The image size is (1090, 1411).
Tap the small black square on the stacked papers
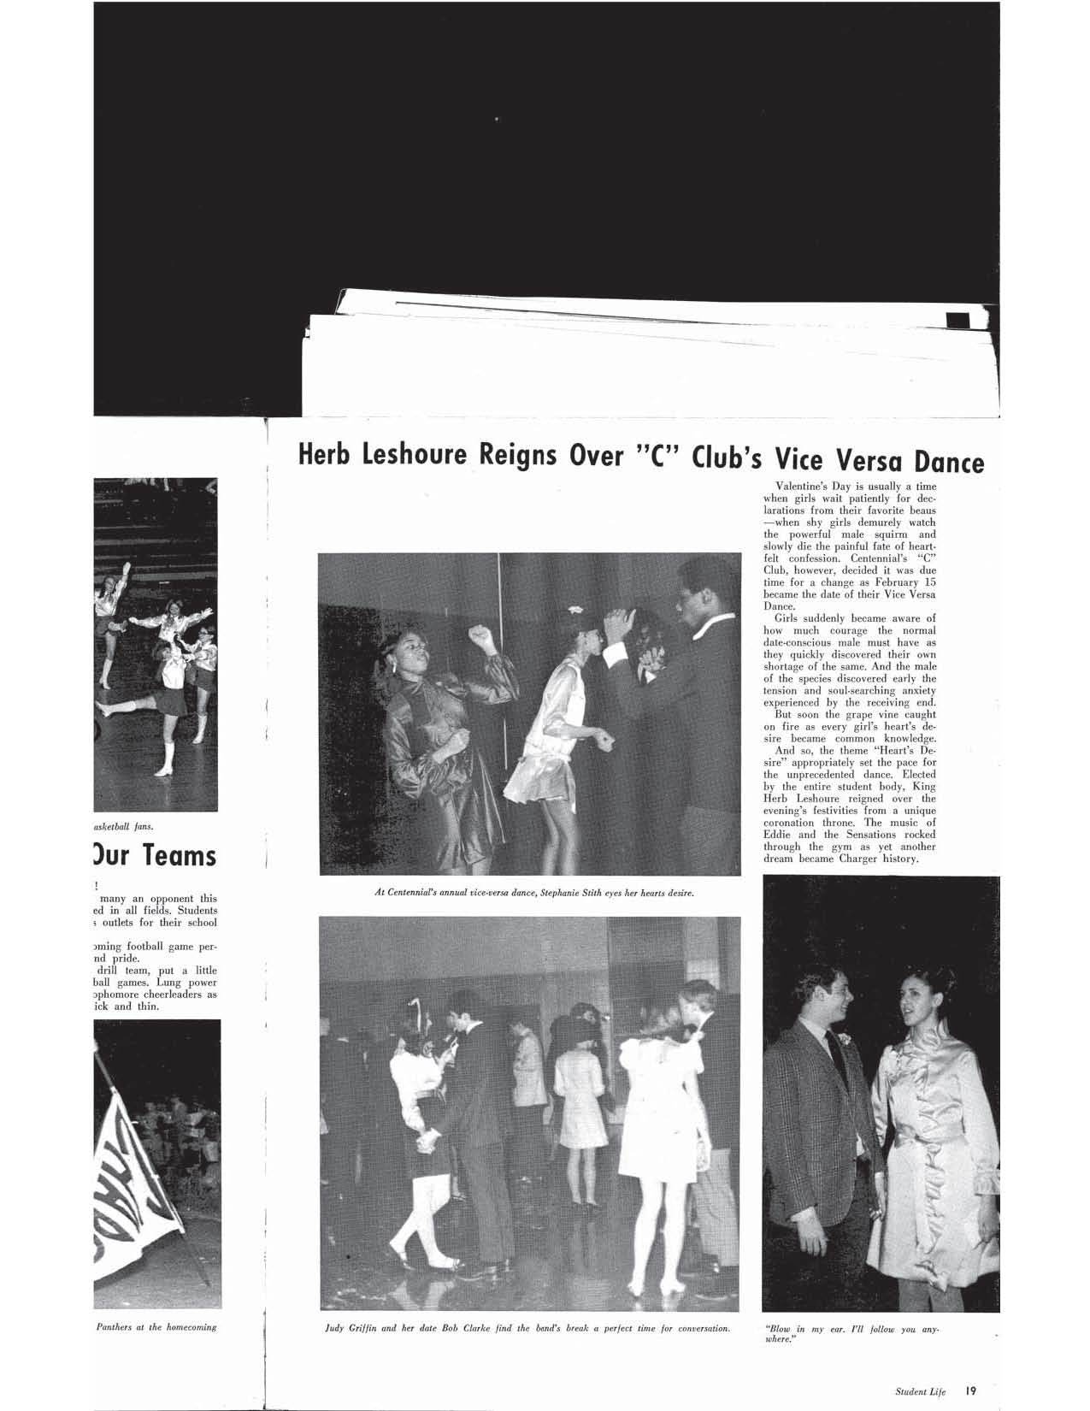coord(957,321)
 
